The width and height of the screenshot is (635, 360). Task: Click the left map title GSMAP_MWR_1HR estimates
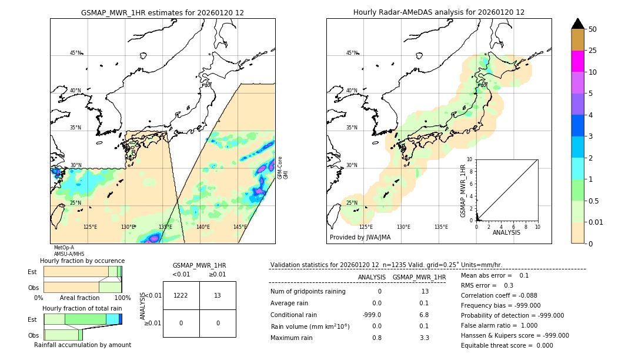(x=162, y=12)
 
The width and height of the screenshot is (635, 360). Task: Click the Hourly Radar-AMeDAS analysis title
(x=439, y=12)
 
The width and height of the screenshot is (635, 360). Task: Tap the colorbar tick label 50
(x=593, y=29)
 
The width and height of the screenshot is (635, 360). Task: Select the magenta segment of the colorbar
(x=577, y=61)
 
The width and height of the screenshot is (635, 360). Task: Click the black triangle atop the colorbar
(x=577, y=24)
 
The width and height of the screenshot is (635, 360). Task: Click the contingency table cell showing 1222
(x=181, y=295)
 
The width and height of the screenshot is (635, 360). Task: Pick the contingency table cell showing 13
(x=218, y=295)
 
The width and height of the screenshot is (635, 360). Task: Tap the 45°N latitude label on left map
(x=75, y=53)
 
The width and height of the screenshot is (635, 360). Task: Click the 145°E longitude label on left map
(x=240, y=227)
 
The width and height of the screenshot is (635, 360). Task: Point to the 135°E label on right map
(x=441, y=227)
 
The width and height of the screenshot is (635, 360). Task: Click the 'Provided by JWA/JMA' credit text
(x=360, y=238)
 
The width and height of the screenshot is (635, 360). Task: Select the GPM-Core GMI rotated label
(x=283, y=168)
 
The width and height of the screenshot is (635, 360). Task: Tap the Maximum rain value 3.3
(x=424, y=338)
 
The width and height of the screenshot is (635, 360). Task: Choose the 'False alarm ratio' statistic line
(x=499, y=325)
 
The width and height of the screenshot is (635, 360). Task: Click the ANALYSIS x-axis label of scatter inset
(x=507, y=232)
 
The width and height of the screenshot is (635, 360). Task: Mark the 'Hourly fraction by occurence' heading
(x=82, y=261)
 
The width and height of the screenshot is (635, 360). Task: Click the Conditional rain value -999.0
(x=372, y=315)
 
